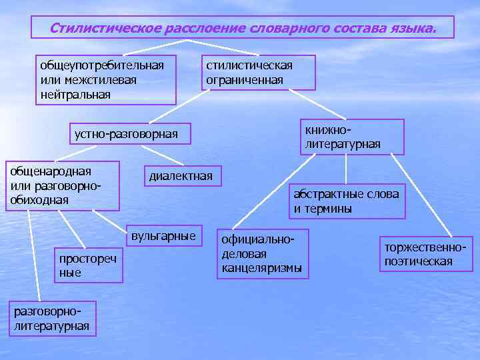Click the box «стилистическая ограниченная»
coord(258,72)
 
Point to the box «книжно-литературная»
coord(351,137)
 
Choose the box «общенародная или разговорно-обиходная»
coord(61,185)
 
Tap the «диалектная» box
coord(181,176)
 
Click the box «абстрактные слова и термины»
coord(347,201)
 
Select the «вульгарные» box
coord(163,236)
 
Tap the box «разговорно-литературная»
coord(51,319)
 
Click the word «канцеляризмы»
coord(262,268)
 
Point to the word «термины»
coord(328,209)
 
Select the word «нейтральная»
coord(75,94)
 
